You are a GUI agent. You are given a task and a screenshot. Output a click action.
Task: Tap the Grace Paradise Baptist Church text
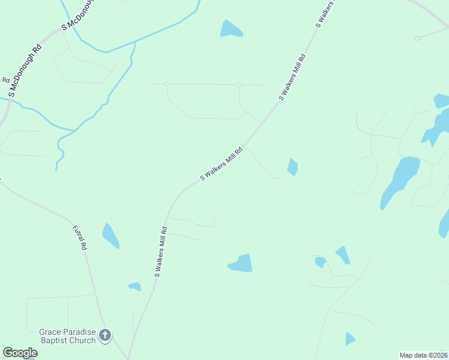click(x=67, y=336)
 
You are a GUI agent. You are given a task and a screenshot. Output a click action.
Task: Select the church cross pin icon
click(x=105, y=335)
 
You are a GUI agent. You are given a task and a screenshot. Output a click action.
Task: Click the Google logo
click(x=20, y=353)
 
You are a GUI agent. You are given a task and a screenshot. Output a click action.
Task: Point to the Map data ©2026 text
click(x=423, y=355)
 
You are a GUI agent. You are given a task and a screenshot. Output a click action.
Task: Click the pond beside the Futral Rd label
click(x=110, y=235)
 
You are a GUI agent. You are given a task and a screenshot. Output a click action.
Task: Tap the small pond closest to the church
click(x=135, y=286)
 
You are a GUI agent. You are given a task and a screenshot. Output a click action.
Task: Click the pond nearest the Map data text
click(x=350, y=339)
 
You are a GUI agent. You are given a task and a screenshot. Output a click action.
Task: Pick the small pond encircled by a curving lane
click(x=321, y=262)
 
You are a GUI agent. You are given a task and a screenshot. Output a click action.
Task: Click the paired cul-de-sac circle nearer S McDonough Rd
click(x=167, y=83)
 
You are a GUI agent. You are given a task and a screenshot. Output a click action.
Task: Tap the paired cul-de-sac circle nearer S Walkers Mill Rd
click(x=239, y=85)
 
